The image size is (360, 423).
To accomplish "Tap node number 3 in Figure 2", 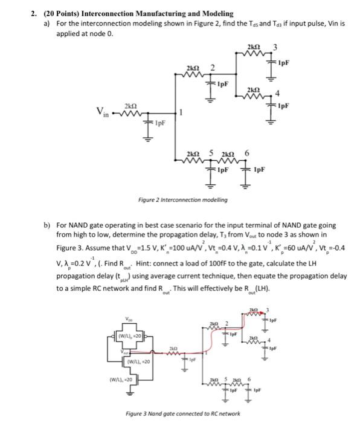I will [274, 48].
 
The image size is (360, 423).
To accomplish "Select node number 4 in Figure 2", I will [277, 93].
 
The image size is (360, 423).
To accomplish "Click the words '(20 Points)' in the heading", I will [64, 13].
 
